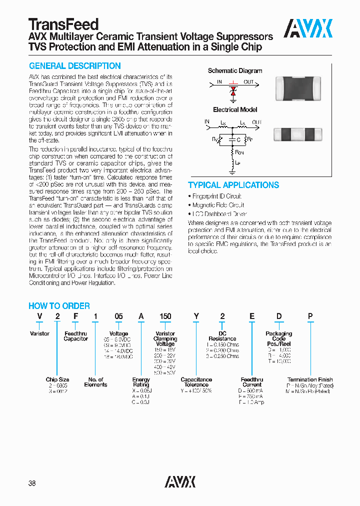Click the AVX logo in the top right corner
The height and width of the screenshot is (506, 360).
point(308,28)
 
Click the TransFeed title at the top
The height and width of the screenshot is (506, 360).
point(63,24)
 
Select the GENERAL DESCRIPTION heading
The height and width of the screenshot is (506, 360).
point(75,66)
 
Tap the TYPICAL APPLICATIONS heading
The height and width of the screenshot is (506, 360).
point(233,185)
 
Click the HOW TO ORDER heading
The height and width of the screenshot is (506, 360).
point(59,306)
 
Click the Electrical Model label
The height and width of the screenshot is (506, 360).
point(235,109)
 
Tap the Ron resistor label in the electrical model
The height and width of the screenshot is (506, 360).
point(239,152)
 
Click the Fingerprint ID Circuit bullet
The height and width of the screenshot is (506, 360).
point(216,196)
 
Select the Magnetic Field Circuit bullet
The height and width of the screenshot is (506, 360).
point(218,205)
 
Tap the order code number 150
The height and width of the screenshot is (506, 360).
point(165,316)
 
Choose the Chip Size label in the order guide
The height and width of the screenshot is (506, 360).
point(57,380)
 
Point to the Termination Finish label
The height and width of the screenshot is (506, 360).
point(309,380)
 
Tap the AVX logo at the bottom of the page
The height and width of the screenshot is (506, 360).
point(180,481)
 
